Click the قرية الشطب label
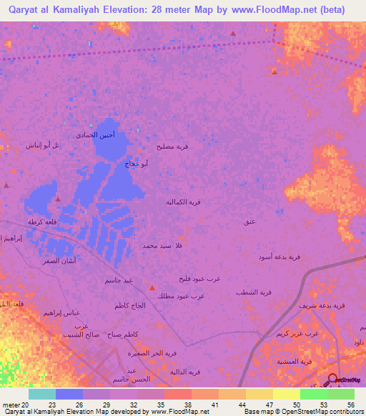(254, 292)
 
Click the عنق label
(249, 222)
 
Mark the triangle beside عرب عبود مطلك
(152, 287)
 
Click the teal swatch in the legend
(42, 394)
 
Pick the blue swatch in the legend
(69, 394)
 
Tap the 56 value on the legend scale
(350, 404)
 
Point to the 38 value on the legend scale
(187, 404)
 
